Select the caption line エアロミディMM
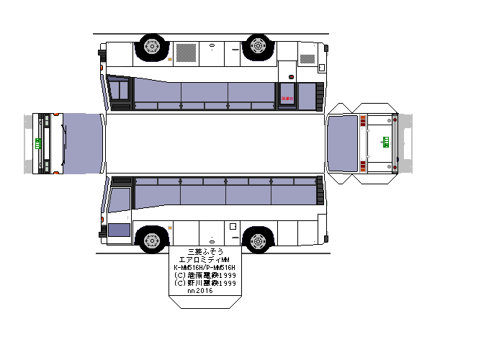(x=205, y=260)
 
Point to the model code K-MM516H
(x=189, y=267)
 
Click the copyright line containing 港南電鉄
(x=205, y=275)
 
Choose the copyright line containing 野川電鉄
(x=205, y=283)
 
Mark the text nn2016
(x=200, y=291)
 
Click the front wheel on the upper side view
(x=152, y=47)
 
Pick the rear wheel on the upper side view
(x=257, y=47)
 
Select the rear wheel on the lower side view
(x=257, y=240)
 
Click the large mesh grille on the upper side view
(x=187, y=52)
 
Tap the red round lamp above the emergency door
(x=291, y=76)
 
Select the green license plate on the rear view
(x=385, y=143)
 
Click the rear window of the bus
(x=343, y=143)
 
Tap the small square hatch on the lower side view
(x=233, y=226)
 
